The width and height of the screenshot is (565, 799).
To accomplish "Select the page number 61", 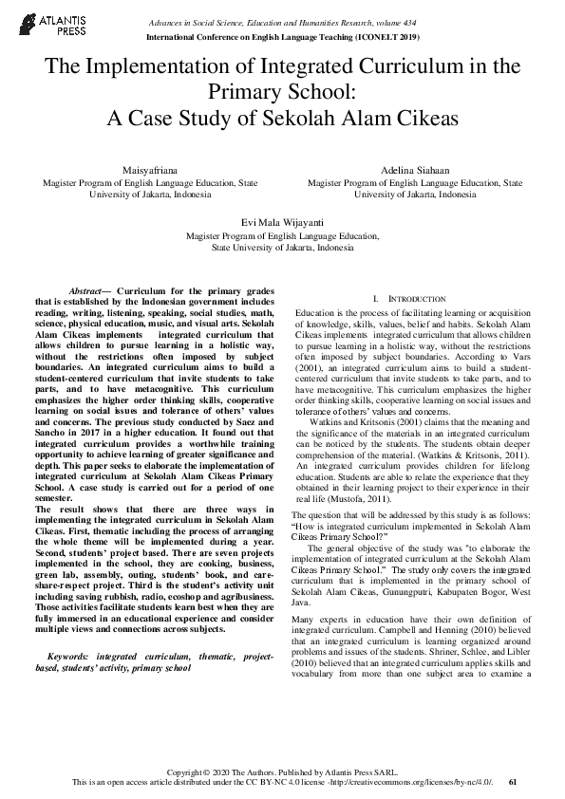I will point(513,782).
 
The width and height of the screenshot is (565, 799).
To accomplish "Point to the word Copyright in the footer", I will point(184,772).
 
